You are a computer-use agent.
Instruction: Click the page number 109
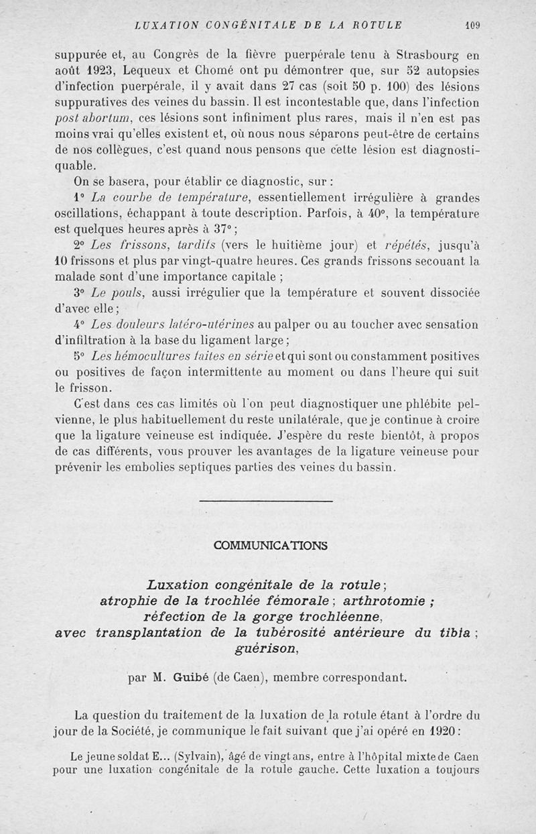[x=473, y=25]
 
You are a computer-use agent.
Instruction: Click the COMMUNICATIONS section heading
[x=270, y=545]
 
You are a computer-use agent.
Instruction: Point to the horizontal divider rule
[x=267, y=501]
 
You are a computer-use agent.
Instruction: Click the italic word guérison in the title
[x=266, y=648]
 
